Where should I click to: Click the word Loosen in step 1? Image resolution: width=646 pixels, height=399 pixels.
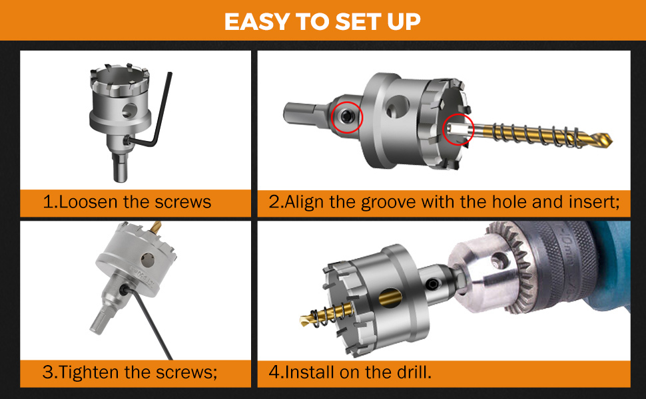coord(81,202)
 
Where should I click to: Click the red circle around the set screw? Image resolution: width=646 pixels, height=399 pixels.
coord(347,117)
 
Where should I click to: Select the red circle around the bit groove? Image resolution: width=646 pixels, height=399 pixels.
coord(458,129)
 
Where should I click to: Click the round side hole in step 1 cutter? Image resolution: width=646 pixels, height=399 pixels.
coord(130,110)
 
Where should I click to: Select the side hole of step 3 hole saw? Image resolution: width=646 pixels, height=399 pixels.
coord(147,260)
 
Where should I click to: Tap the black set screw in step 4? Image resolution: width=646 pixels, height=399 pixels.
coord(432,283)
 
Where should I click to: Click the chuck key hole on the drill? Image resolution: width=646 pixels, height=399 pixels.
coord(499,259)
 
